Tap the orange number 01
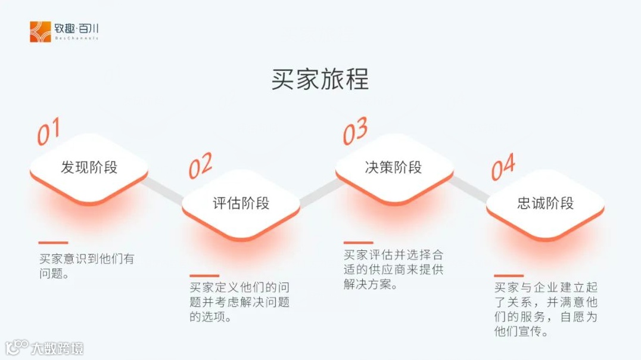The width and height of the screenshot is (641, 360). pos(48,132)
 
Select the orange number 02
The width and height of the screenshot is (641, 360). pos(200,165)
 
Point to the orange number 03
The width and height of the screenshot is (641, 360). pos(354,131)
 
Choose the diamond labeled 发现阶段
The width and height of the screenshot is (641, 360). pos(89,167)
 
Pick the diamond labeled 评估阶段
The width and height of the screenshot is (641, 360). pos(241,203)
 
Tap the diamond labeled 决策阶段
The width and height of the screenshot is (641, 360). pos(393,167)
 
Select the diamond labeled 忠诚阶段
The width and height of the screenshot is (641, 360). pos(545,203)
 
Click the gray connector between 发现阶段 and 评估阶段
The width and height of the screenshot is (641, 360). pos(164,185)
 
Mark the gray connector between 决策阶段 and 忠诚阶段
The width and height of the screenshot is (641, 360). pos(469,185)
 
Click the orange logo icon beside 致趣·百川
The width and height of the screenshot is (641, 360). pos(41,32)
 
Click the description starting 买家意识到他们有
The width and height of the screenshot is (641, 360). pos(86,266)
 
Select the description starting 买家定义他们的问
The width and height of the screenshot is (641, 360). pos(239,302)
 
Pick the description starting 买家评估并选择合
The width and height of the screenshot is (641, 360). pos(393,269)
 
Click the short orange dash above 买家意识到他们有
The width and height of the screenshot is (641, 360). pos(54,243)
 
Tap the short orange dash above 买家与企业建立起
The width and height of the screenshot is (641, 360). pos(509,275)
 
